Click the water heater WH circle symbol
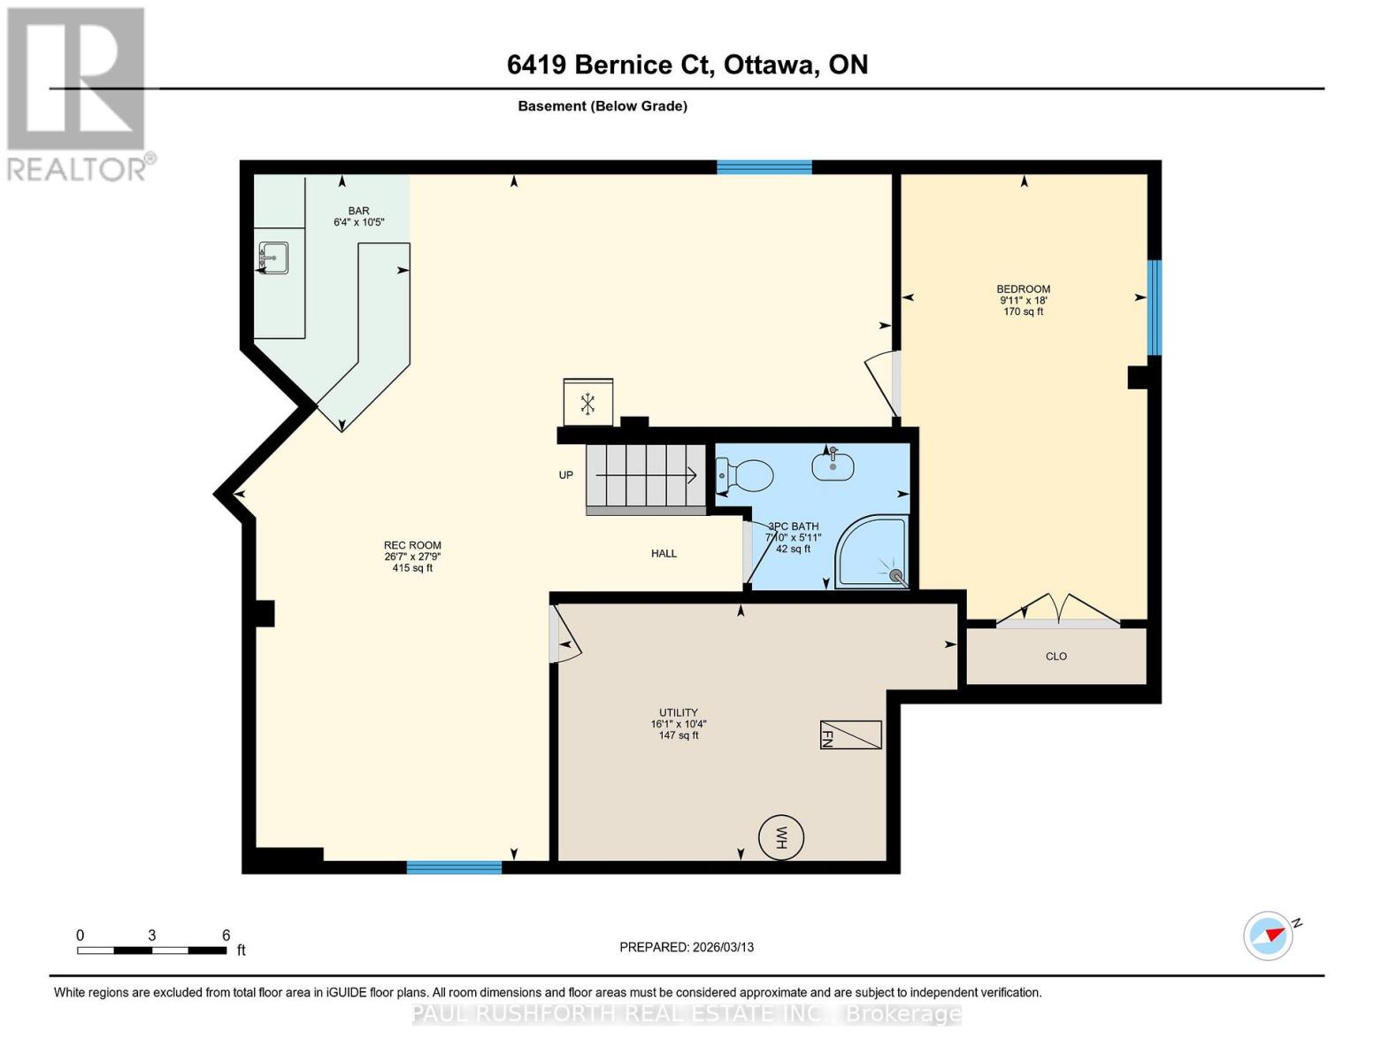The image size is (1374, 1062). [x=781, y=837]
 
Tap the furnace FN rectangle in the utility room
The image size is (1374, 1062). [x=850, y=735]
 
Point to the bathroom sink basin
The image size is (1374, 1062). [x=833, y=465]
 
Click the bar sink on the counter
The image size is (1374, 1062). [x=272, y=258]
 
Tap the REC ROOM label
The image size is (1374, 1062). [x=412, y=546]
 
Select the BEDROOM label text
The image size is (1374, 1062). [x=1023, y=289]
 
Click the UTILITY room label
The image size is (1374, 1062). [x=678, y=712]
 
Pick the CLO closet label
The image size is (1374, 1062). [x=1055, y=657]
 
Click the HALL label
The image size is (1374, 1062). [x=664, y=553]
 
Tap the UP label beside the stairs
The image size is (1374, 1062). [x=566, y=475]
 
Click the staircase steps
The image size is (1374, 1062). [x=646, y=478]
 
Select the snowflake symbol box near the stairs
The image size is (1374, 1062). [x=587, y=404]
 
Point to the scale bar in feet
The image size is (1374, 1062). [x=151, y=950]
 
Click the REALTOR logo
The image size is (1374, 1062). [x=78, y=93]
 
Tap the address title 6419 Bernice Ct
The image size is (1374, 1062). [x=687, y=65]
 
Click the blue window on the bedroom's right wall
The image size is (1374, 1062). [x=1154, y=307]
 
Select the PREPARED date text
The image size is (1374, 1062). [x=687, y=947]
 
